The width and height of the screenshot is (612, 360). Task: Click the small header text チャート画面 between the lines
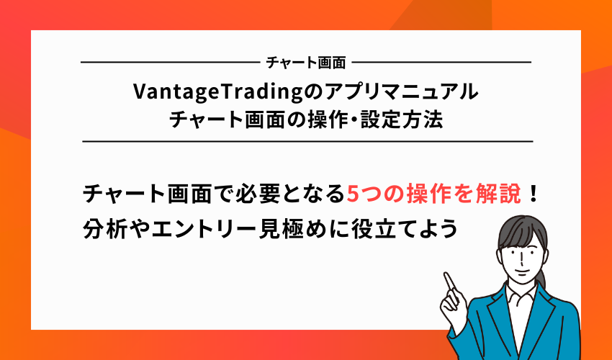[x=306, y=63]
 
